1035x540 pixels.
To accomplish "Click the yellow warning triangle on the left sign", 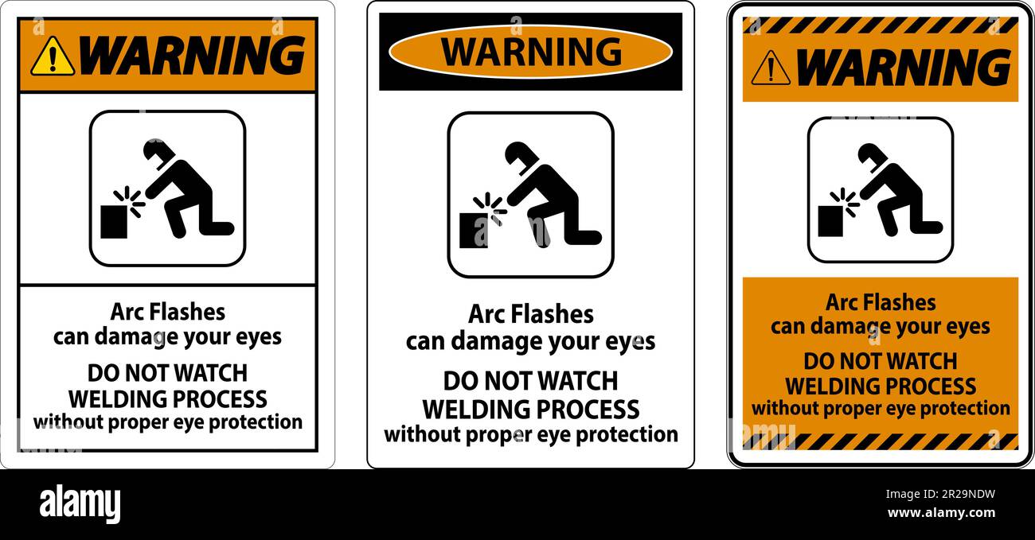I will point(53,56).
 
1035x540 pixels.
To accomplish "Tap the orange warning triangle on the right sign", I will point(770,68).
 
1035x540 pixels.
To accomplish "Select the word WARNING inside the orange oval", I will point(531,52).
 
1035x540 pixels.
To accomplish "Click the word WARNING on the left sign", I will point(193,55).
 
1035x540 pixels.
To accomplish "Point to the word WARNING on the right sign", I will point(903,67).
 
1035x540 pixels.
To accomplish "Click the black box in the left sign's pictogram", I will point(114,221).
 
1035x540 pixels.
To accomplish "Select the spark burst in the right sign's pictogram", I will point(844,201).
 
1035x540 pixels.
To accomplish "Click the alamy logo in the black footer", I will point(80,503).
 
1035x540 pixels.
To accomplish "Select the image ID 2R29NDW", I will point(960,494).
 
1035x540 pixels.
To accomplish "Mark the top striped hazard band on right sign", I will point(880,25).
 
